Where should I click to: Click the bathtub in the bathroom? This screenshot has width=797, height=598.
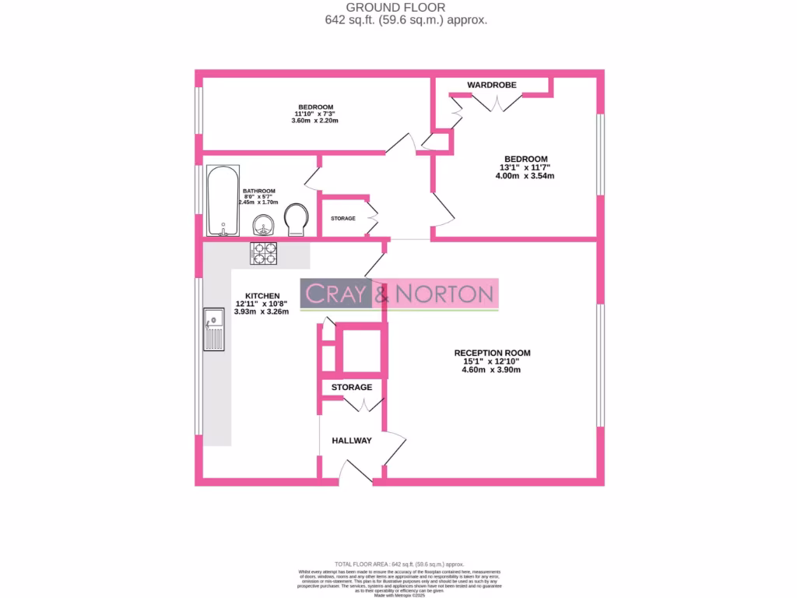click(x=223, y=200)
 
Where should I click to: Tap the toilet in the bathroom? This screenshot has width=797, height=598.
click(x=296, y=219)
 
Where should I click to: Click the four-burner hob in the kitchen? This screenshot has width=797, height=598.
click(x=263, y=253)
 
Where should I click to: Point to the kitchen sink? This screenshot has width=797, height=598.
click(x=213, y=328)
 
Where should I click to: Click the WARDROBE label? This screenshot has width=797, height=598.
click(x=491, y=84)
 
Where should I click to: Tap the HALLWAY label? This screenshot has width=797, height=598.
click(x=352, y=441)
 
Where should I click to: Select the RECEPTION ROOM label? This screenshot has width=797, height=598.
click(x=492, y=353)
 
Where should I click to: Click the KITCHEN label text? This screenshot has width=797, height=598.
click(x=262, y=296)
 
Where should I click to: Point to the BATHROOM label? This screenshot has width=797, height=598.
click(x=258, y=191)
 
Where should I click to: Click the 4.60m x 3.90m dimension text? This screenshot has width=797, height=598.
click(x=492, y=370)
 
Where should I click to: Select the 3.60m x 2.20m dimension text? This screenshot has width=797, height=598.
click(x=315, y=121)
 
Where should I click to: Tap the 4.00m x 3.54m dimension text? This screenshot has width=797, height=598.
click(x=525, y=176)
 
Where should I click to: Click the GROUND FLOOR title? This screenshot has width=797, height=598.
click(x=406, y=8)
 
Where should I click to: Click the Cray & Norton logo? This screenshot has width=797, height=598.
click(x=399, y=294)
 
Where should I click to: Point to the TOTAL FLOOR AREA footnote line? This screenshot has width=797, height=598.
click(x=398, y=564)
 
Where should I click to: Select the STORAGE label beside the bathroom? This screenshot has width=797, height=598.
click(x=343, y=218)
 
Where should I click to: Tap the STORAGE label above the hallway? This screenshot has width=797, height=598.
click(x=352, y=387)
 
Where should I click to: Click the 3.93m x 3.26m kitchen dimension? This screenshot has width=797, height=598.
click(x=262, y=312)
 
